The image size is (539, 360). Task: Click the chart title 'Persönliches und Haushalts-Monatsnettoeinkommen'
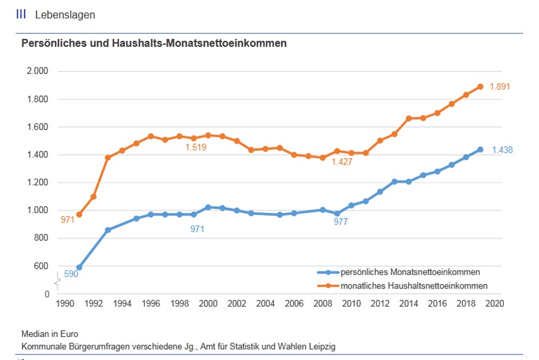154,44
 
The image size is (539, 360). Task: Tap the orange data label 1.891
500,86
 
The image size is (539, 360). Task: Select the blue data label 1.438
502,150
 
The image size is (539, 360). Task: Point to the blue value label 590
71,274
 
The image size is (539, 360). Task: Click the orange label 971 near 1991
67,220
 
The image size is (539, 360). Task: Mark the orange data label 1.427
342,161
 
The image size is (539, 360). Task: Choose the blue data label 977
340,221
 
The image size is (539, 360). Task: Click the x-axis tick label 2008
323,304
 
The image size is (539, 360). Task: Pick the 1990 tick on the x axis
65,304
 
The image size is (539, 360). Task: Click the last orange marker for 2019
480,86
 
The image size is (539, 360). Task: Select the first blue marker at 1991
79,267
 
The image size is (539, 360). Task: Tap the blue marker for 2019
480,150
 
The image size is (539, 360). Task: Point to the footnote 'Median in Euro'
50,334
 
